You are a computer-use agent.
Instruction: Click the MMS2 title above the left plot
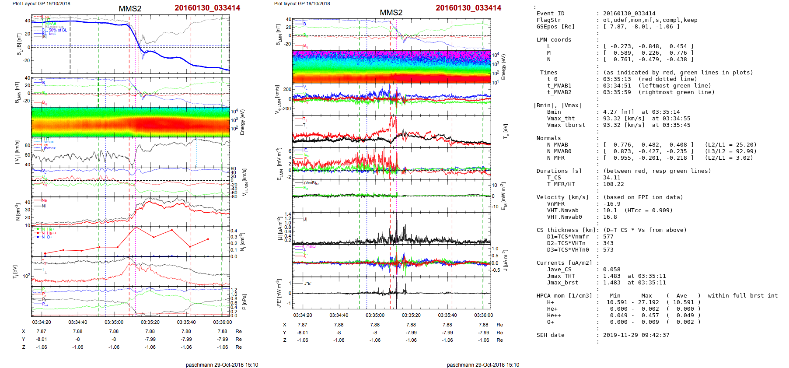coord(130,9)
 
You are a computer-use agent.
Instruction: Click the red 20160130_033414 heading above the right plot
coord(468,8)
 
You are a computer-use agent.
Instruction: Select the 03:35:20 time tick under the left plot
coord(150,322)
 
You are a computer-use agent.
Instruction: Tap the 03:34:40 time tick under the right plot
coord(339,315)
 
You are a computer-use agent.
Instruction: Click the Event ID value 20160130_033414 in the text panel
coord(629,14)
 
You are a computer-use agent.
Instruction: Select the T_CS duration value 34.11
coord(611,178)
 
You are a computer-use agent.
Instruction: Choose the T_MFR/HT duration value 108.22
coord(613,184)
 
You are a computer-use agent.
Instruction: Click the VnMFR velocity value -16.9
coord(611,204)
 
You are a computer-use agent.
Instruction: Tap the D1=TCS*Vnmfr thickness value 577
coord(608,237)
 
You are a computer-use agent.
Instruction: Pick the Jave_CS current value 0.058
coord(611,270)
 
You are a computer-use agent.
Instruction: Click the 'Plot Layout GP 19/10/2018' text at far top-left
coord(41,4)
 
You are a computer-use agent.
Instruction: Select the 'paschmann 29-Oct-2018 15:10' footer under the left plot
coord(222,365)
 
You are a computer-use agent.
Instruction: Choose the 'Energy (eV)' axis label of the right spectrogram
coord(503,67)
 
